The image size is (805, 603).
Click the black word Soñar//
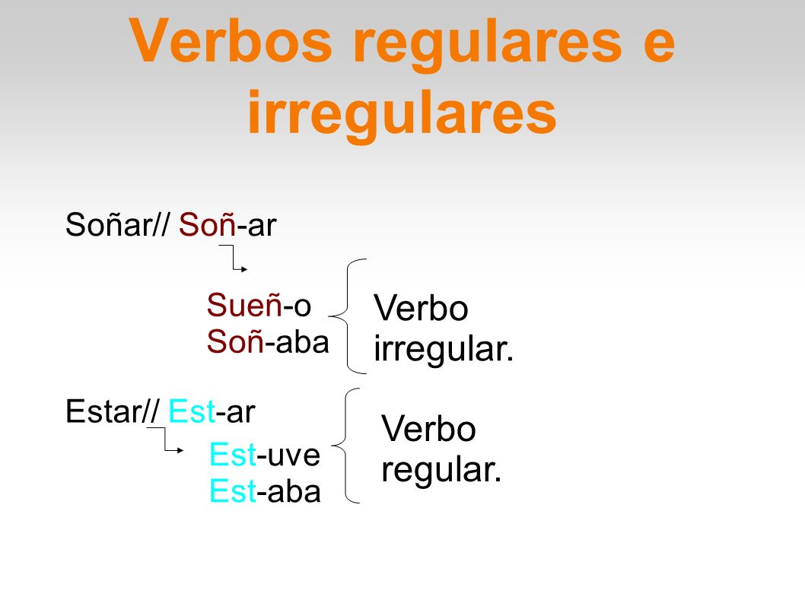(118, 226)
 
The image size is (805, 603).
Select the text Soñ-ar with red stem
(228, 226)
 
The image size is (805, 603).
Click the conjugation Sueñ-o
(259, 306)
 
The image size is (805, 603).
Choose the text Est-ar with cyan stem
(212, 412)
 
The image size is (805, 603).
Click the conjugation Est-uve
(265, 456)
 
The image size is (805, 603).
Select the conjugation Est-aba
(265, 493)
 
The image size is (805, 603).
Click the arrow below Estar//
(166, 440)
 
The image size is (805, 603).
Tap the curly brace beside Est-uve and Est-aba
(348, 446)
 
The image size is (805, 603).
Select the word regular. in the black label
(441, 470)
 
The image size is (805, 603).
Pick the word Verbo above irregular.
(421, 309)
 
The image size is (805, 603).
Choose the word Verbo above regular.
(428, 430)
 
